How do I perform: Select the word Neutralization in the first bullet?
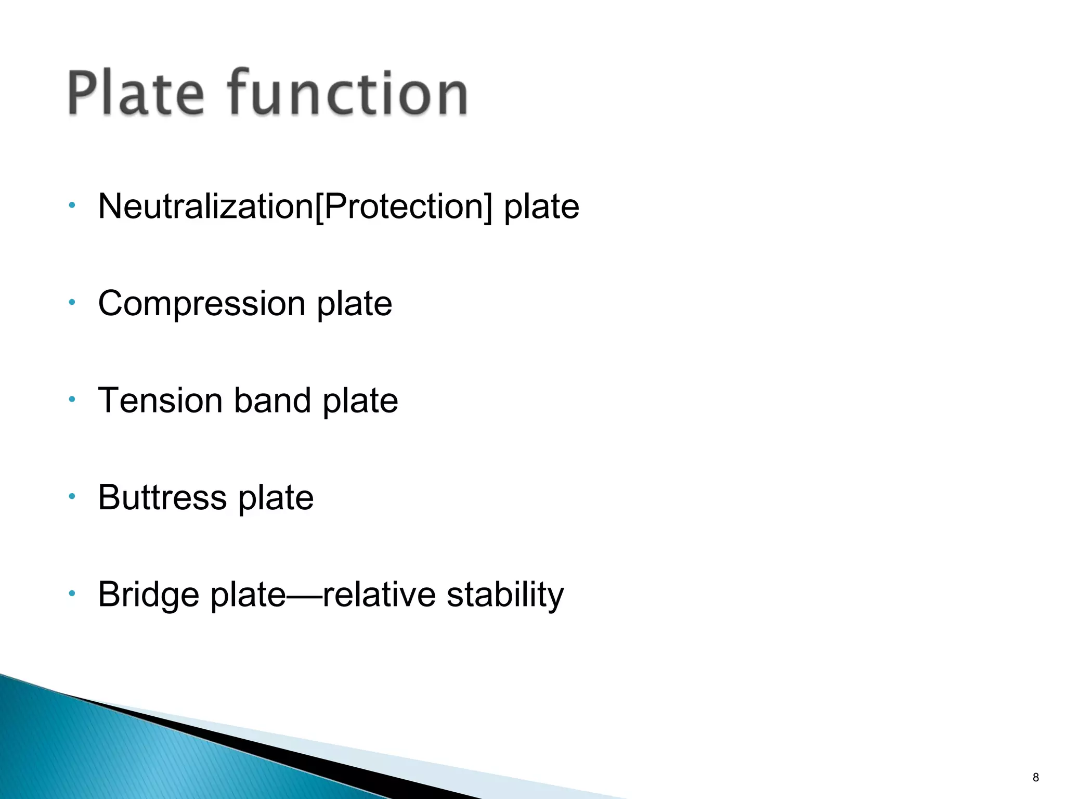(205, 207)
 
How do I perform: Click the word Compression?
(201, 304)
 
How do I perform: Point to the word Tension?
(160, 401)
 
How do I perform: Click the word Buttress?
(162, 498)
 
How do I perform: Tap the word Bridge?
(148, 595)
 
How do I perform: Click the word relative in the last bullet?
(379, 595)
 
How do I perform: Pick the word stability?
(505, 595)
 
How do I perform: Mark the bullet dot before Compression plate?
(72, 302)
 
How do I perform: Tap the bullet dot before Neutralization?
(72, 205)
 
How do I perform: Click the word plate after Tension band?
(360, 402)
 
